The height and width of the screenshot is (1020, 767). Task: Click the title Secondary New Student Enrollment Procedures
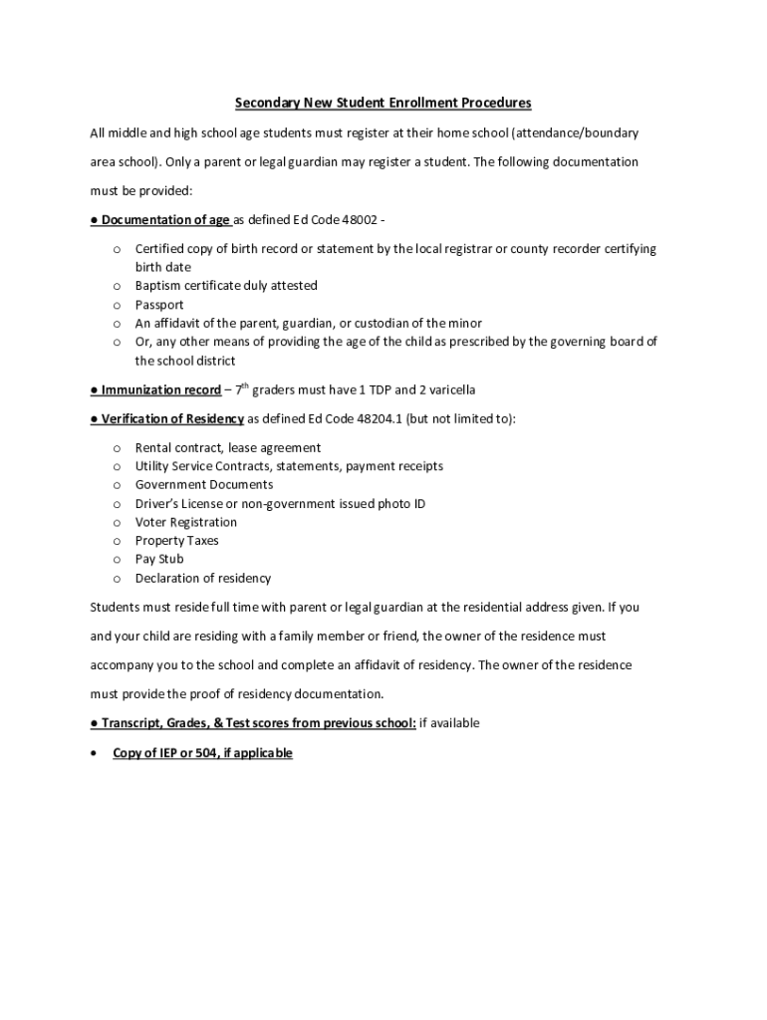pos(383,103)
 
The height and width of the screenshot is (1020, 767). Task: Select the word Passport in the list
pos(159,305)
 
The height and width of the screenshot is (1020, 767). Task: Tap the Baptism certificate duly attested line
pos(226,286)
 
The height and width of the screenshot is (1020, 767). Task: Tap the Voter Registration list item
pos(186,522)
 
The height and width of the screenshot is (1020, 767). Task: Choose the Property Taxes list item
pos(176,541)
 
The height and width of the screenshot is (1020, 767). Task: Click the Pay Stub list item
pos(159,559)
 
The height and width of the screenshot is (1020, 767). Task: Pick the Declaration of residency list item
pos(202,578)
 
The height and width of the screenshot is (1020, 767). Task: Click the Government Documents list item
pos(203,485)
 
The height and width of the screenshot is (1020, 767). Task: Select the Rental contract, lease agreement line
pos(228,448)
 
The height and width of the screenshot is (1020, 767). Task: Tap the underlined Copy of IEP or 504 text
pos(202,753)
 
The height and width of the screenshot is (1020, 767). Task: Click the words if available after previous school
pos(449,723)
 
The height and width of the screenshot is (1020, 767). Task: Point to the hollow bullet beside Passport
pos(117,305)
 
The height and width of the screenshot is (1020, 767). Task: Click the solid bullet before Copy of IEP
pos(95,753)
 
